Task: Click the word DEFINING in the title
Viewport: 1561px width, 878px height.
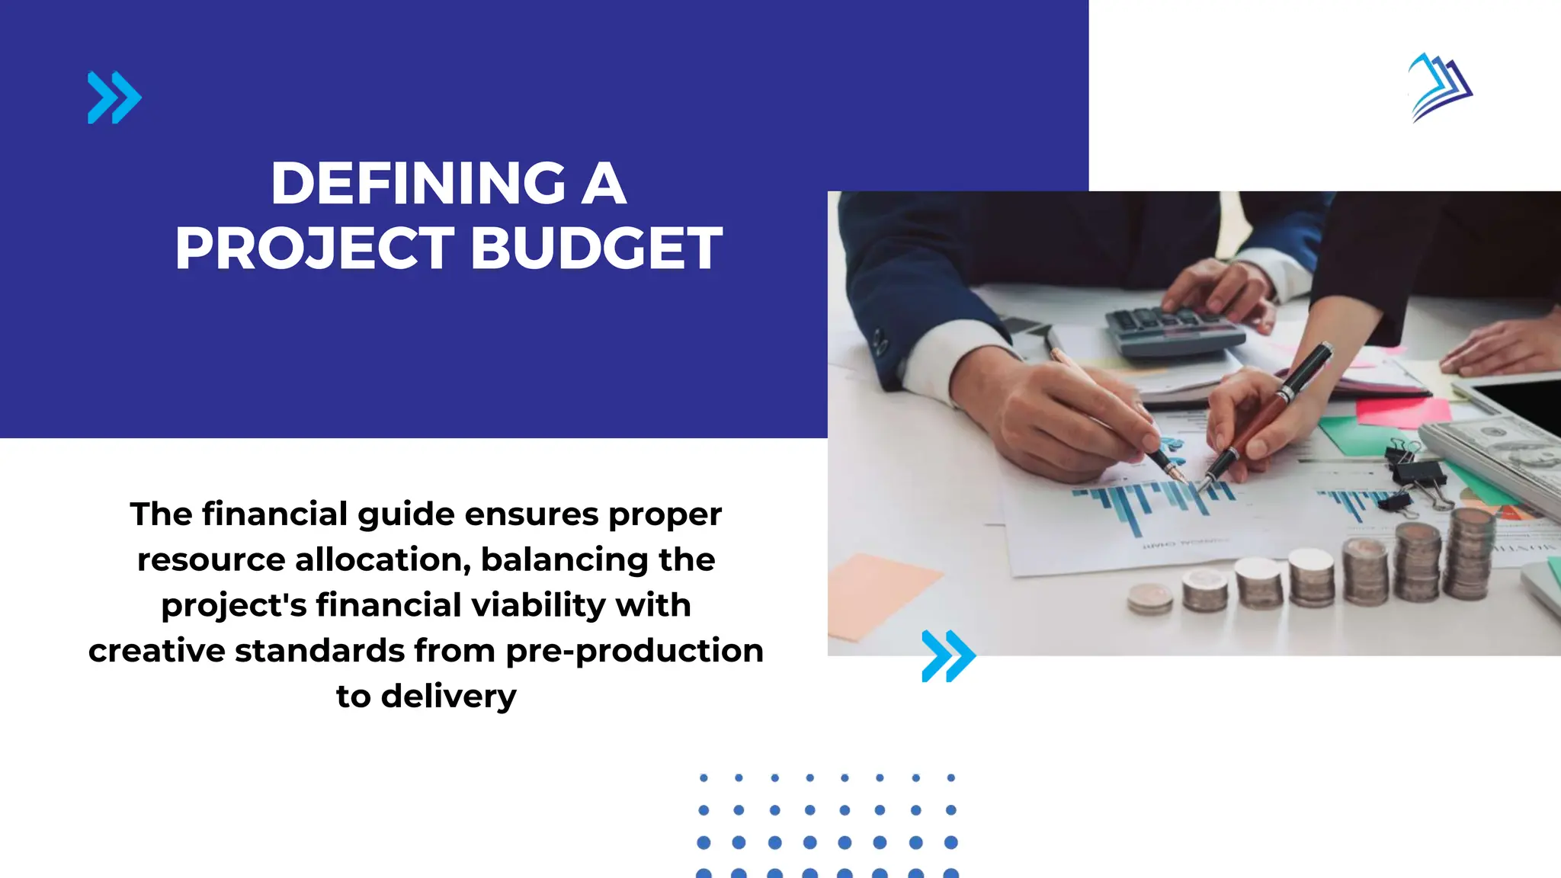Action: coord(418,184)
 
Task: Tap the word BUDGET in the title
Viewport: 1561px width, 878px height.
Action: coord(596,248)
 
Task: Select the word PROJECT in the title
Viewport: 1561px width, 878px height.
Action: coord(315,248)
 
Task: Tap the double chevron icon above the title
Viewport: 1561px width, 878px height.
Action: coord(114,98)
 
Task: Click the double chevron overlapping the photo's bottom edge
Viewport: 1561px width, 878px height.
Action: coord(948,655)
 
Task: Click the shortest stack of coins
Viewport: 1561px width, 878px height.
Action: coord(1149,599)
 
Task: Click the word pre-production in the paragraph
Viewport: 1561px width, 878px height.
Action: coord(634,651)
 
